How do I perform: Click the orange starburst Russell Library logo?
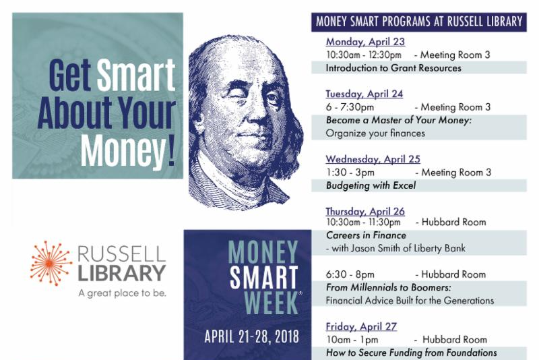(51, 263)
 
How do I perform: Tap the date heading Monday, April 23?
(365, 42)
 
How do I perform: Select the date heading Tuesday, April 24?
(364, 94)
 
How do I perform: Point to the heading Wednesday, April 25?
(373, 159)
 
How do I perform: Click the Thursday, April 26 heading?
(365, 212)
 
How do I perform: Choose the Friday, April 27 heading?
(361, 326)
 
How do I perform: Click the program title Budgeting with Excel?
(371, 185)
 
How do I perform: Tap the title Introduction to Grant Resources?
(393, 67)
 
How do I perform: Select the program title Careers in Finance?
(366, 235)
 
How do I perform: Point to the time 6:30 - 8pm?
(350, 274)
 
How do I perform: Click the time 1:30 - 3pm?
(350, 173)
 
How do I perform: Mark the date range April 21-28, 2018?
(251, 336)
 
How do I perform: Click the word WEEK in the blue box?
(271, 303)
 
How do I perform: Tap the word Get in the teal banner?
(70, 75)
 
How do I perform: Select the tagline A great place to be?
(122, 293)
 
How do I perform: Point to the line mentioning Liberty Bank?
(395, 248)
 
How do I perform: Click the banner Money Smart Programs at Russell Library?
(419, 22)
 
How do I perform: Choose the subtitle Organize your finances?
(375, 133)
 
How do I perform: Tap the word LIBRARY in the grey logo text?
(122, 273)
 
